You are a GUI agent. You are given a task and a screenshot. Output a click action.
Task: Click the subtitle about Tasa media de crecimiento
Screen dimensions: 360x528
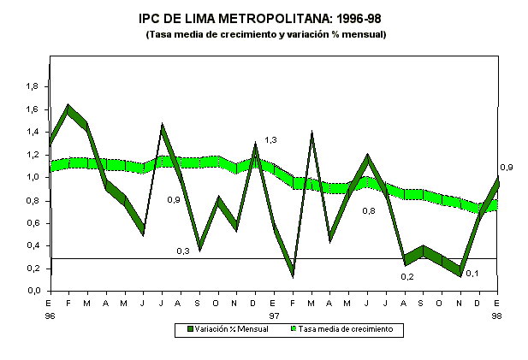click(265, 34)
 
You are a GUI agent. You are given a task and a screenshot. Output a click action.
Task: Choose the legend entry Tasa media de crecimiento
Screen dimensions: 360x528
click(347, 329)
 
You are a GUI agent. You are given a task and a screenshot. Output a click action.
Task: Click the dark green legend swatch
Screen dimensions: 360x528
click(190, 329)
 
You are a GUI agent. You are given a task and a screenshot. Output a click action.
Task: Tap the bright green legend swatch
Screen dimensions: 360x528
click(293, 329)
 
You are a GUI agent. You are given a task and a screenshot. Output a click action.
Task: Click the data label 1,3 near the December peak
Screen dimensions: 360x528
click(270, 139)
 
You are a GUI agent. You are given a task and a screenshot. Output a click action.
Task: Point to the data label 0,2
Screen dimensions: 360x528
click(408, 276)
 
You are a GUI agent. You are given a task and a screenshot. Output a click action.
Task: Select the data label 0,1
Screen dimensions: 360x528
click(472, 273)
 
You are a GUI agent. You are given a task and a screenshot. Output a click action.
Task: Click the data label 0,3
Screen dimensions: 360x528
click(183, 251)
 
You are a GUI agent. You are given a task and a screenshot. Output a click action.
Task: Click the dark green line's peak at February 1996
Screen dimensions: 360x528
click(68, 109)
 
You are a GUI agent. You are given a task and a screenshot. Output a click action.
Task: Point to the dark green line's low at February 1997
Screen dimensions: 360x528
click(294, 273)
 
